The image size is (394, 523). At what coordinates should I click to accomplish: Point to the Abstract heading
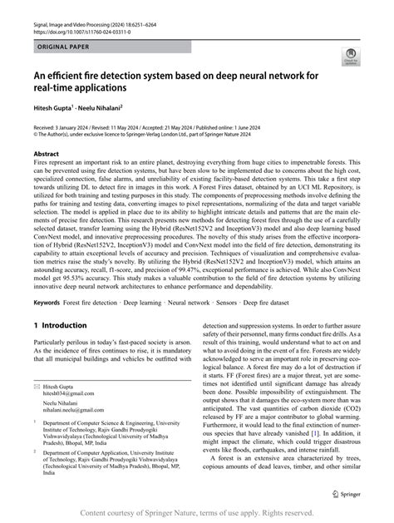(46, 155)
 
